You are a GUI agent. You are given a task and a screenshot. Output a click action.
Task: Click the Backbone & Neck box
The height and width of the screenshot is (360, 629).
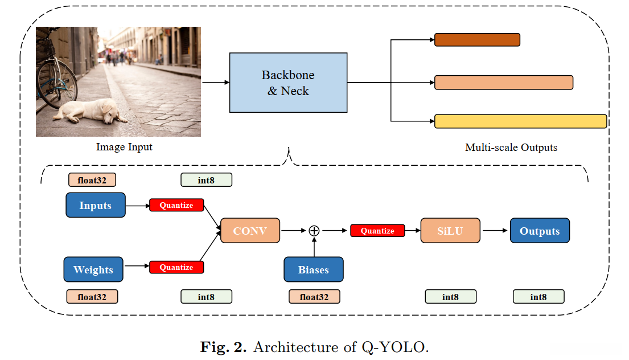pyautogui.click(x=288, y=83)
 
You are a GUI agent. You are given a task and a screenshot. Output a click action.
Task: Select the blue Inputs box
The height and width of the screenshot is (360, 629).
pyautogui.click(x=95, y=205)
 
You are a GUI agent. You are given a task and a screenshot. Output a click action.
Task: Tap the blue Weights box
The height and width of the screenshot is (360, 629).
pyautogui.click(x=93, y=269)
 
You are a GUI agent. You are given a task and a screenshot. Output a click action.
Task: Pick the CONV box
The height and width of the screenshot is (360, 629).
pyautogui.click(x=250, y=231)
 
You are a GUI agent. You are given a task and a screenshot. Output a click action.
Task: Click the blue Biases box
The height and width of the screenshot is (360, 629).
pyautogui.click(x=314, y=269)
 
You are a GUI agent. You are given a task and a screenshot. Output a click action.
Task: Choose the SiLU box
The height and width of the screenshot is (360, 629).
pyautogui.click(x=450, y=231)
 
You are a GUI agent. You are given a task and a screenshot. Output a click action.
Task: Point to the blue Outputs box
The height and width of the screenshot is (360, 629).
pyautogui.click(x=540, y=231)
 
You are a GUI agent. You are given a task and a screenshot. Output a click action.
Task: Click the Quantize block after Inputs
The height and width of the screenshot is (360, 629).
pyautogui.click(x=176, y=205)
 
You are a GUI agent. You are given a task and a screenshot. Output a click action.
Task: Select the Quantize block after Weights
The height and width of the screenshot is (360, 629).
pyautogui.click(x=176, y=267)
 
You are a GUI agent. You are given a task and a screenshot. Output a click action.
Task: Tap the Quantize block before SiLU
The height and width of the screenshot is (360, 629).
pyautogui.click(x=377, y=231)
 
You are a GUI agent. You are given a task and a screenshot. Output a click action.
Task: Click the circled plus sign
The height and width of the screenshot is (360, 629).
pyautogui.click(x=314, y=231)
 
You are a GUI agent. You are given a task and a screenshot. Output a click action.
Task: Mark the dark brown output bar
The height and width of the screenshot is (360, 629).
pyautogui.click(x=477, y=40)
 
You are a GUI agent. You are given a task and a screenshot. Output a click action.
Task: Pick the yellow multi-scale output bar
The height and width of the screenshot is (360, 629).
pyautogui.click(x=520, y=121)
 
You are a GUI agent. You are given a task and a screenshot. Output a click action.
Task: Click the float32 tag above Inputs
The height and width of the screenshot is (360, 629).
pyautogui.click(x=92, y=180)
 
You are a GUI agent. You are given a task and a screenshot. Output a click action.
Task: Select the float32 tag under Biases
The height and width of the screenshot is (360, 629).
pyautogui.click(x=314, y=297)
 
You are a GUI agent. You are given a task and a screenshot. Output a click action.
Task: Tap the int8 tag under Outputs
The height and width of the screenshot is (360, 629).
pyautogui.click(x=538, y=297)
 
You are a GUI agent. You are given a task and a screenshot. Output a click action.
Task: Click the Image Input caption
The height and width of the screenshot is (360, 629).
pyautogui.click(x=124, y=147)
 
